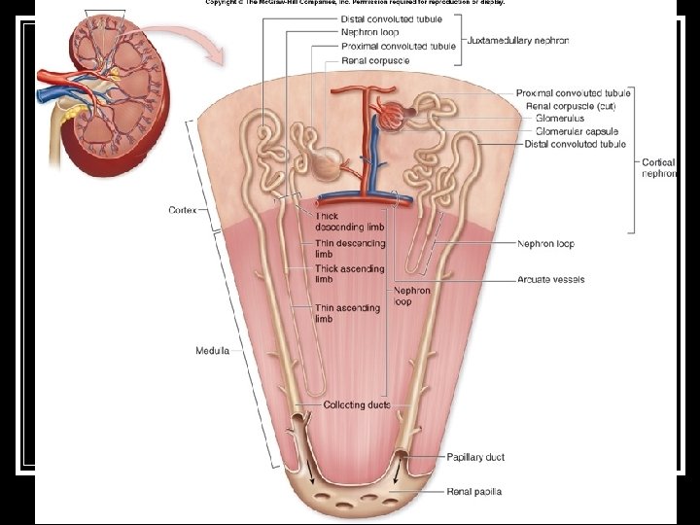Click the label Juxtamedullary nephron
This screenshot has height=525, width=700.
click(518, 41)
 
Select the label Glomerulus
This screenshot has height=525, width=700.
click(560, 119)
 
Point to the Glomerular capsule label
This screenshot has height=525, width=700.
click(577, 131)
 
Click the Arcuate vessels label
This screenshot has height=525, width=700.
click(550, 280)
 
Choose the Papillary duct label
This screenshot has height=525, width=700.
click(475, 457)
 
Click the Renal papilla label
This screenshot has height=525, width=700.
click(474, 492)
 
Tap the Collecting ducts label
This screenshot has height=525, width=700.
click(356, 404)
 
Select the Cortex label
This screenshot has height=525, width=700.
click(184, 210)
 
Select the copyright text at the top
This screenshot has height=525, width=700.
click(355, 3)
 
